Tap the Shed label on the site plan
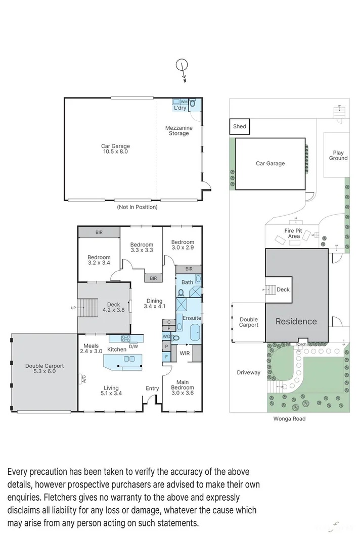click(x=240, y=126)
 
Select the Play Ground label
click(x=338, y=155)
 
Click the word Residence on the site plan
click(x=296, y=321)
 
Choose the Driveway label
click(x=248, y=372)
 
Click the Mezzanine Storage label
click(x=179, y=131)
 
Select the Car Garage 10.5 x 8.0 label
click(x=115, y=149)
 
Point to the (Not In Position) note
click(x=137, y=207)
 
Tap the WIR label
click(x=185, y=353)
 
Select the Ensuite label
click(x=192, y=318)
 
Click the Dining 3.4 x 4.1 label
click(x=155, y=304)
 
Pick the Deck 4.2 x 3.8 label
click(x=113, y=307)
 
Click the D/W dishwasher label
click(x=133, y=346)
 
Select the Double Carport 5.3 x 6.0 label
click(x=44, y=369)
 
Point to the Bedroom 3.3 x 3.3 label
click(x=142, y=247)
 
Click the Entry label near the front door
click(x=152, y=388)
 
